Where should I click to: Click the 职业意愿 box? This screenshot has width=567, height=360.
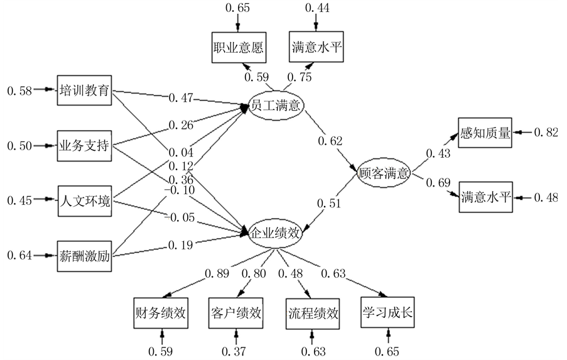tap(237, 46)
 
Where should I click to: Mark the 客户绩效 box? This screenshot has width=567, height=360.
tap(235, 313)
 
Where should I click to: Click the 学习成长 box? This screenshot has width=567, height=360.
tap(387, 313)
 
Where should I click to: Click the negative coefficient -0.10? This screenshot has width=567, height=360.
tap(180, 190)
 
